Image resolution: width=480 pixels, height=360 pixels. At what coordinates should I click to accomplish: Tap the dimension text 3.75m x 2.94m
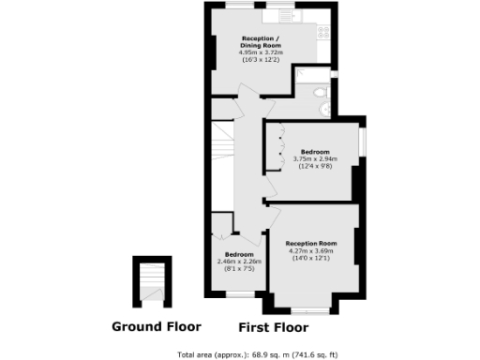click(x=315, y=159)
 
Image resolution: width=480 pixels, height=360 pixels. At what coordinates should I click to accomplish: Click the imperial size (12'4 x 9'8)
click(x=315, y=166)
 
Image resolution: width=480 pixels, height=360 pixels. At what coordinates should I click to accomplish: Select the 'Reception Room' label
click(x=311, y=244)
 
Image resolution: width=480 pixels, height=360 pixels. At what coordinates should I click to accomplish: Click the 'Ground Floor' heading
click(x=156, y=327)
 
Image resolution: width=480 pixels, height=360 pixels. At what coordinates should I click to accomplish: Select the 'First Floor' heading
click(x=274, y=328)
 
